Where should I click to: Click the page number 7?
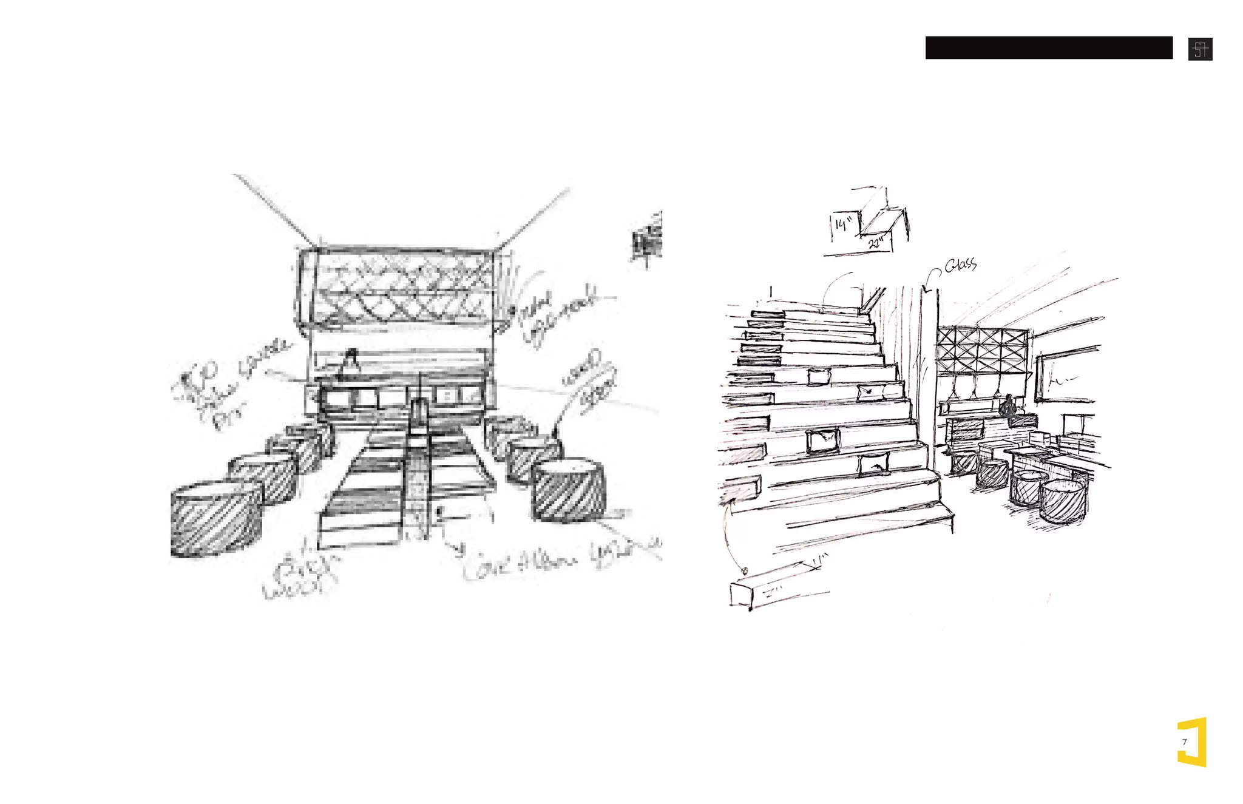pyautogui.click(x=1184, y=742)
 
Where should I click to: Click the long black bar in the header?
pyautogui.click(x=1048, y=47)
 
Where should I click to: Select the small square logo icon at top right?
pyautogui.click(x=1200, y=49)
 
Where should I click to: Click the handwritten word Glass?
pyautogui.click(x=961, y=265)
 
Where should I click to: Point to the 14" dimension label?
pyautogui.click(x=842, y=225)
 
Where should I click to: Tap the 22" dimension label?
pyautogui.click(x=876, y=243)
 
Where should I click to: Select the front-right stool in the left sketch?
pyautogui.click(x=568, y=490)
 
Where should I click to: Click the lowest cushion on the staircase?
pyautogui.click(x=874, y=464)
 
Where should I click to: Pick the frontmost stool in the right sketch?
pyautogui.click(x=1062, y=501)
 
